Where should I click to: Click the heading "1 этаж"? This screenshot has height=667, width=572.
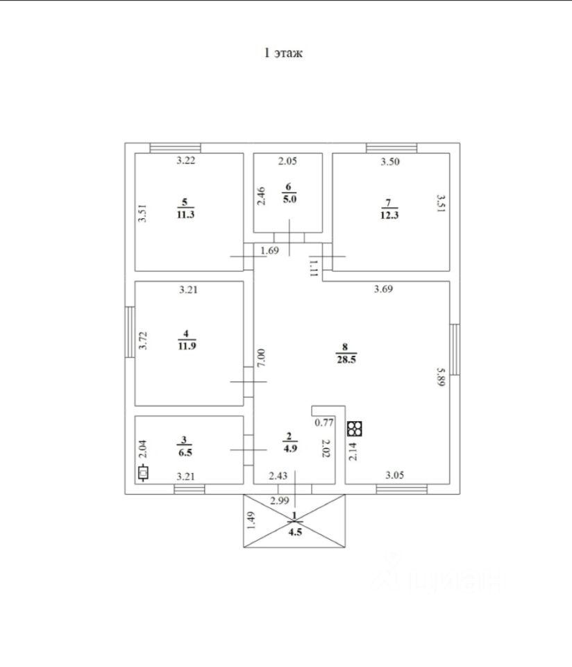[x=283, y=53]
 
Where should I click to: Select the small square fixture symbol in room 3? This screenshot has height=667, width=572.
[x=144, y=475]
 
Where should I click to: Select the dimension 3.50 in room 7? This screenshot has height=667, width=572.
[x=390, y=162]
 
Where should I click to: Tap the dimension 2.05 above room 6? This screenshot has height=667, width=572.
[x=287, y=162]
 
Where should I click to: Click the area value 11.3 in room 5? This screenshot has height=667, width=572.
[x=184, y=215]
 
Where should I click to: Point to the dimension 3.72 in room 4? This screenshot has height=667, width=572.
[x=142, y=344]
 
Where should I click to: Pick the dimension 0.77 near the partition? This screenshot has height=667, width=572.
[x=324, y=422]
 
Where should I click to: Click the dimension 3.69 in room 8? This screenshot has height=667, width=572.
[x=383, y=290]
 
